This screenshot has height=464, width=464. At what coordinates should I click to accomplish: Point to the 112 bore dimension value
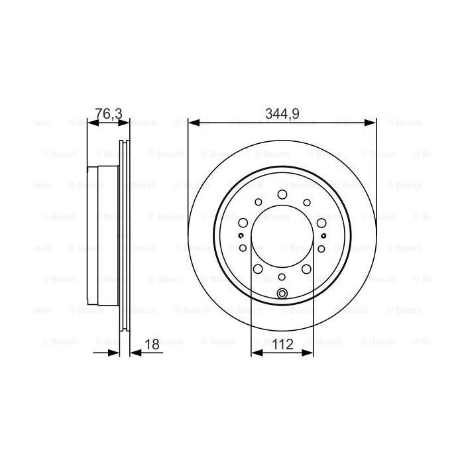tap(282, 345)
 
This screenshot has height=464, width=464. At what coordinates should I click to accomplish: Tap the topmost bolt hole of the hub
tap(282, 194)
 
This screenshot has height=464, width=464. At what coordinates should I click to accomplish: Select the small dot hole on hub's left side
tap(241, 235)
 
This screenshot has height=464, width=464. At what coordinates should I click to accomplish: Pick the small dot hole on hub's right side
tap(323, 235)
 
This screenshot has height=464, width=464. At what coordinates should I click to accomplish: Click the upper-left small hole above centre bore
tap(258, 203)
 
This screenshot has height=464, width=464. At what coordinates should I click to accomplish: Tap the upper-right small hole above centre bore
tap(307, 203)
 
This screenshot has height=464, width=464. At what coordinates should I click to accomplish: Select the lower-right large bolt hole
tap(307, 268)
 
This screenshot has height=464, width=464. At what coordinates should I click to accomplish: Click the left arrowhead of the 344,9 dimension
tap(193, 122)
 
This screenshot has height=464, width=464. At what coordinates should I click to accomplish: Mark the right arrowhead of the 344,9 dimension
tap(372, 122)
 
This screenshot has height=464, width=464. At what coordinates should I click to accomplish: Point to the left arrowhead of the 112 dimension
tap(255, 353)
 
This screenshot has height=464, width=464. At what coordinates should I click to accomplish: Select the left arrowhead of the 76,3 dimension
tap(91, 122)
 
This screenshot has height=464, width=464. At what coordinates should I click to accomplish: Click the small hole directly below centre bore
tap(282, 276)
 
